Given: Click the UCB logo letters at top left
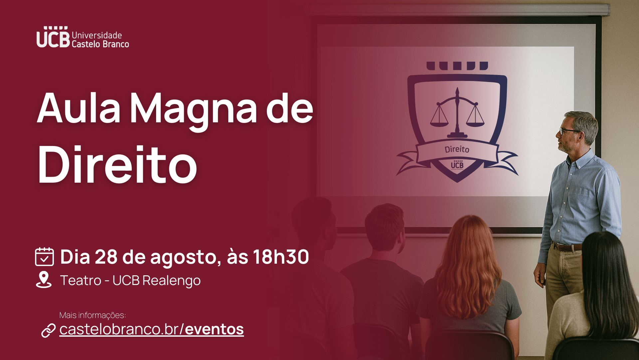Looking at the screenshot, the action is tap(53, 37).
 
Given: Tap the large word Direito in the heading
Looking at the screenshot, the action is tap(117, 165).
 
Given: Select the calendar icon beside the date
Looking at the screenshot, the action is tap(44, 256).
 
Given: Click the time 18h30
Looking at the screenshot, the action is tap(281, 257).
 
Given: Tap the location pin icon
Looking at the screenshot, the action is tap(44, 279).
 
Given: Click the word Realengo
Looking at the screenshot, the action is tap(171, 281).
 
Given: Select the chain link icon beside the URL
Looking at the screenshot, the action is tap(48, 330).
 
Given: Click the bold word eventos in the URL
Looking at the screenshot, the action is tap(214, 329).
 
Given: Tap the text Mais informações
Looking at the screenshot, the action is tap(92, 315).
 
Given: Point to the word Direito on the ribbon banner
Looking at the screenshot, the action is tap(457, 149).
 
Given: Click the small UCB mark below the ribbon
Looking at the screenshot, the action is tap(457, 164).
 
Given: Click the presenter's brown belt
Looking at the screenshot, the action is tap(567, 247).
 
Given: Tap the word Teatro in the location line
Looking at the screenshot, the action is tap(81, 280).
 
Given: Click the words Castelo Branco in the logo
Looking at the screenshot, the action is tap(100, 44).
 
